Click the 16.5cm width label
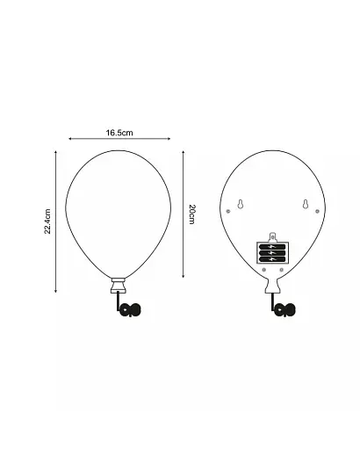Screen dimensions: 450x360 coord(119,133)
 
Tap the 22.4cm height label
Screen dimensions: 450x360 coord(48,221)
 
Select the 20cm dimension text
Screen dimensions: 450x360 coord(191,214)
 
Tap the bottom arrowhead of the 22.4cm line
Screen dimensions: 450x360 coord(57,290)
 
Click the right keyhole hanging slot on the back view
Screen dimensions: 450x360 coord(305,205)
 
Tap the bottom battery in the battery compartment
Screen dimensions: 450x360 coord(271,260)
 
